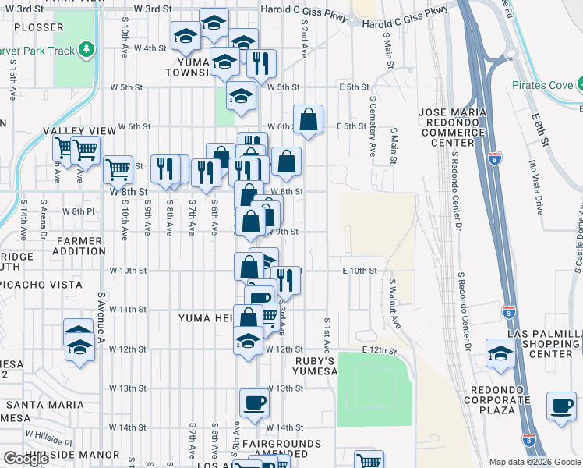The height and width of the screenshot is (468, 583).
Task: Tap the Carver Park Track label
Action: click(45, 51)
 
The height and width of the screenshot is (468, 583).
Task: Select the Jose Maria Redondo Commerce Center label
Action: click(452, 127)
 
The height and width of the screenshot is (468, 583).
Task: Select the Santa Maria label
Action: click(44, 404)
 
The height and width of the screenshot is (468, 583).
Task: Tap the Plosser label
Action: click(38, 27)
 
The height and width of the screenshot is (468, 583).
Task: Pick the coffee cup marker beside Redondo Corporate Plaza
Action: click(561, 406)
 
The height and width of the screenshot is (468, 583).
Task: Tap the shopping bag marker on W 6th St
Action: click(309, 120)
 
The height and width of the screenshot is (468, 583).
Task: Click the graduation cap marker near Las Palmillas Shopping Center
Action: click(500, 353)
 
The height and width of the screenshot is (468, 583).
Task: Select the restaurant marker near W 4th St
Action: click(261, 62)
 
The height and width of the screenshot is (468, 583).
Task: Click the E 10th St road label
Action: click(359, 271)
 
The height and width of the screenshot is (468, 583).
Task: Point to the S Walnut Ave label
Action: click(395, 304)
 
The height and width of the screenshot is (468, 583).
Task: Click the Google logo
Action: click(26, 459)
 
